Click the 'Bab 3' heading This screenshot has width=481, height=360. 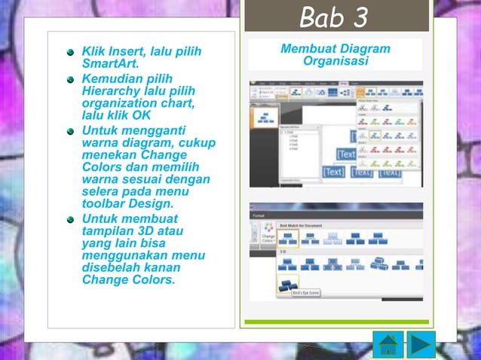(334, 17)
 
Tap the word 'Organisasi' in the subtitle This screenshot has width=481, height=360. (335, 61)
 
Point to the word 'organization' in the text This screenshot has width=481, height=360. (117, 103)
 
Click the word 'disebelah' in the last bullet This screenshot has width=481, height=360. (110, 268)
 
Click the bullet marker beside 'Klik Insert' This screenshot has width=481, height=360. (70, 53)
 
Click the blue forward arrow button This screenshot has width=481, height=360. (422, 343)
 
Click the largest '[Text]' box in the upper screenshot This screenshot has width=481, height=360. (346, 154)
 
